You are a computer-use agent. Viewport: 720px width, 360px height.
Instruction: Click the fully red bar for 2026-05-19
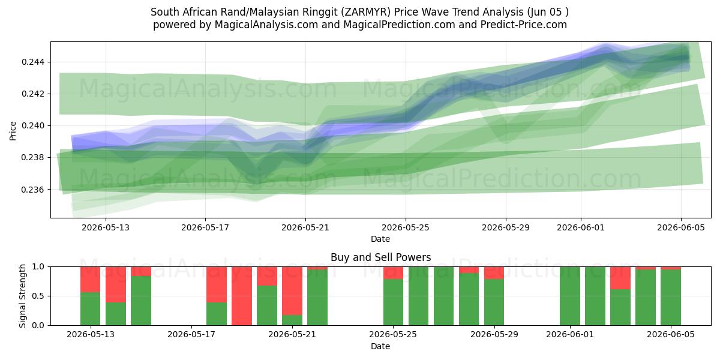pyautogui.click(x=242, y=296)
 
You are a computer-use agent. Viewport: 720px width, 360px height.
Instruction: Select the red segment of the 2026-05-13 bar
pyautogui.click(x=91, y=280)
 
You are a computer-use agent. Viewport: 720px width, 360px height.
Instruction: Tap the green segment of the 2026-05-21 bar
pyautogui.click(x=292, y=320)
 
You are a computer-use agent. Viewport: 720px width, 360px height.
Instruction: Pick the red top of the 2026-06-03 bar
pyautogui.click(x=620, y=278)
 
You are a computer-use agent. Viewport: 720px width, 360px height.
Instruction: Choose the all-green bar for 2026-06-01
pyautogui.click(x=570, y=296)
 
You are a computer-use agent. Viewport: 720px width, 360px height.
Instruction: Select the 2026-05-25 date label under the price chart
pyautogui.click(x=406, y=227)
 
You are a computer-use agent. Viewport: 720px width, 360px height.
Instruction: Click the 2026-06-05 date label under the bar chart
pyautogui.click(x=671, y=334)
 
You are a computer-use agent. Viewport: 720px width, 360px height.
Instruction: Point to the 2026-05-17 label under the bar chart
pyautogui.click(x=191, y=334)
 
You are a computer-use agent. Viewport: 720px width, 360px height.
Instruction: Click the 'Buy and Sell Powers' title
pyautogui.click(x=380, y=257)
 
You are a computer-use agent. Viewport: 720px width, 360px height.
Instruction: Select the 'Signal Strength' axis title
pyautogui.click(x=22, y=296)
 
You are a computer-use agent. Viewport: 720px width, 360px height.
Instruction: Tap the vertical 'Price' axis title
pyautogui.click(x=13, y=131)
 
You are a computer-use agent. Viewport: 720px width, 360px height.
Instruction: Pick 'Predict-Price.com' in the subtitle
pyautogui.click(x=523, y=25)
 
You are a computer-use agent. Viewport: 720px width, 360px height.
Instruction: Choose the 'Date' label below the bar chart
pyautogui.click(x=380, y=346)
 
